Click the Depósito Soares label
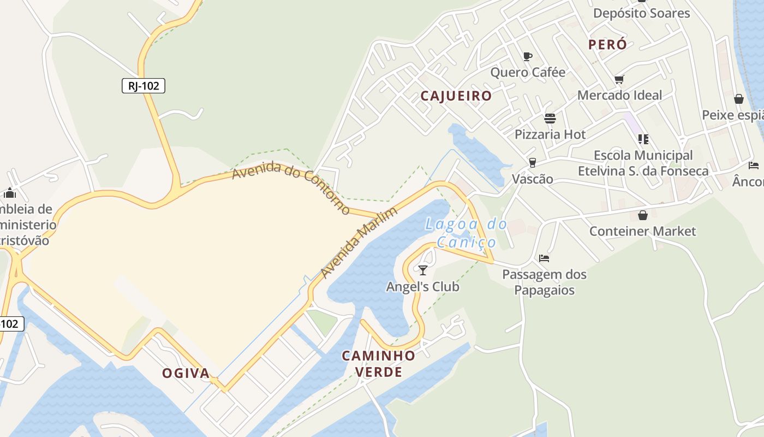tap(641, 13)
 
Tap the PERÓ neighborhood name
tap(607, 45)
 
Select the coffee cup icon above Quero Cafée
tap(527, 56)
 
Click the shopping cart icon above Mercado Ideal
tap(619, 80)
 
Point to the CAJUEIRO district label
tap(456, 96)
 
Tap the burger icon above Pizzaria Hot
tap(550, 119)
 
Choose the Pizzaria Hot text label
tap(550, 134)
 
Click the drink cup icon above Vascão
tap(532, 163)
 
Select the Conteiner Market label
tap(642, 231)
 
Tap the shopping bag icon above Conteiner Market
tap(642, 215)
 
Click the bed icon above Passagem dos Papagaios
tap(544, 258)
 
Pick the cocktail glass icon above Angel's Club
tap(422, 270)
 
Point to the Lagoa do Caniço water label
tap(466, 233)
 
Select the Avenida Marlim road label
tap(359, 243)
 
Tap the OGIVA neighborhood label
tap(186, 373)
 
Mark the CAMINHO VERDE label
tap(378, 364)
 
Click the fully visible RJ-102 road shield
tap(143, 86)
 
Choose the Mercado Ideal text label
tap(619, 95)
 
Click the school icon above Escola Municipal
tap(643, 139)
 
